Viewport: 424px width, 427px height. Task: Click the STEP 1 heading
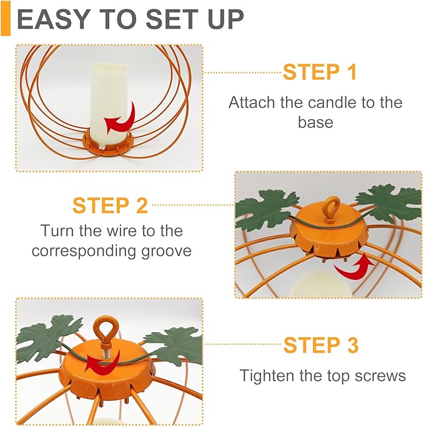[x=320, y=72]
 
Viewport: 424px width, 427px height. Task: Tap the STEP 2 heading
[x=110, y=204]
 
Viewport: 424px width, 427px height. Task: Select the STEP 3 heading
[x=321, y=345]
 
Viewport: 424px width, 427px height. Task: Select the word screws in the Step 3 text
[x=380, y=375]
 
